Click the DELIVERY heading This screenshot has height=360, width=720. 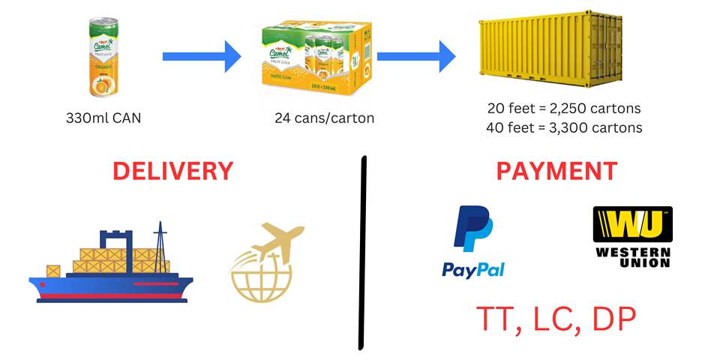(x=173, y=171)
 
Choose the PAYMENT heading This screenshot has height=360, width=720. (x=556, y=171)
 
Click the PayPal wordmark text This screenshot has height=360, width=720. (x=472, y=269)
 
